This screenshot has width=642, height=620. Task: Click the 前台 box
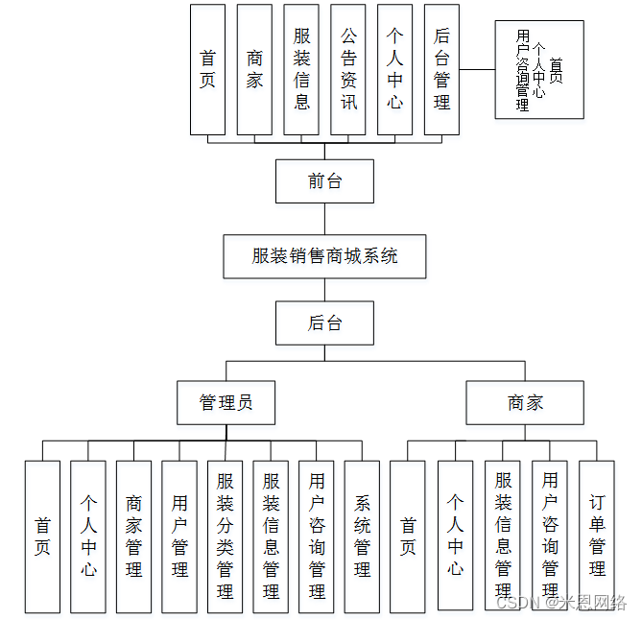click(x=324, y=180)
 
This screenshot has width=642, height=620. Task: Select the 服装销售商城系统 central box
click(x=324, y=256)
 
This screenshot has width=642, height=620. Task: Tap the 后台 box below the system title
click(x=324, y=323)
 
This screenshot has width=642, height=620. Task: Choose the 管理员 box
click(x=226, y=402)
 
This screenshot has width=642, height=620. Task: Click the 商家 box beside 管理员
click(x=525, y=402)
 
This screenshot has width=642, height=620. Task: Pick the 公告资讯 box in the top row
click(x=348, y=69)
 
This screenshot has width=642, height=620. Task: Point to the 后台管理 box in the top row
click(x=441, y=69)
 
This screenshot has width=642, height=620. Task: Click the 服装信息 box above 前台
click(x=301, y=69)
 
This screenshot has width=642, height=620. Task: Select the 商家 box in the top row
click(x=254, y=69)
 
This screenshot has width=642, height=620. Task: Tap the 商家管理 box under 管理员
click(x=133, y=537)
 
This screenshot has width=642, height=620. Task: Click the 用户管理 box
click(x=179, y=537)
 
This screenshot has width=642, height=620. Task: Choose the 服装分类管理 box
click(x=226, y=537)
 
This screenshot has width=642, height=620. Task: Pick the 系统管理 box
click(x=362, y=537)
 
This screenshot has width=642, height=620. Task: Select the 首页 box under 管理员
click(x=42, y=537)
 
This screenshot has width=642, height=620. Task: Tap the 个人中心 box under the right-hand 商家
click(x=455, y=537)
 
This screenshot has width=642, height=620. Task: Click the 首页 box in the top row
click(x=207, y=69)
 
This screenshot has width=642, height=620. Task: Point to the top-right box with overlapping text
click(x=538, y=70)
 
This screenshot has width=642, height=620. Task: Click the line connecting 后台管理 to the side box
click(x=477, y=69)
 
